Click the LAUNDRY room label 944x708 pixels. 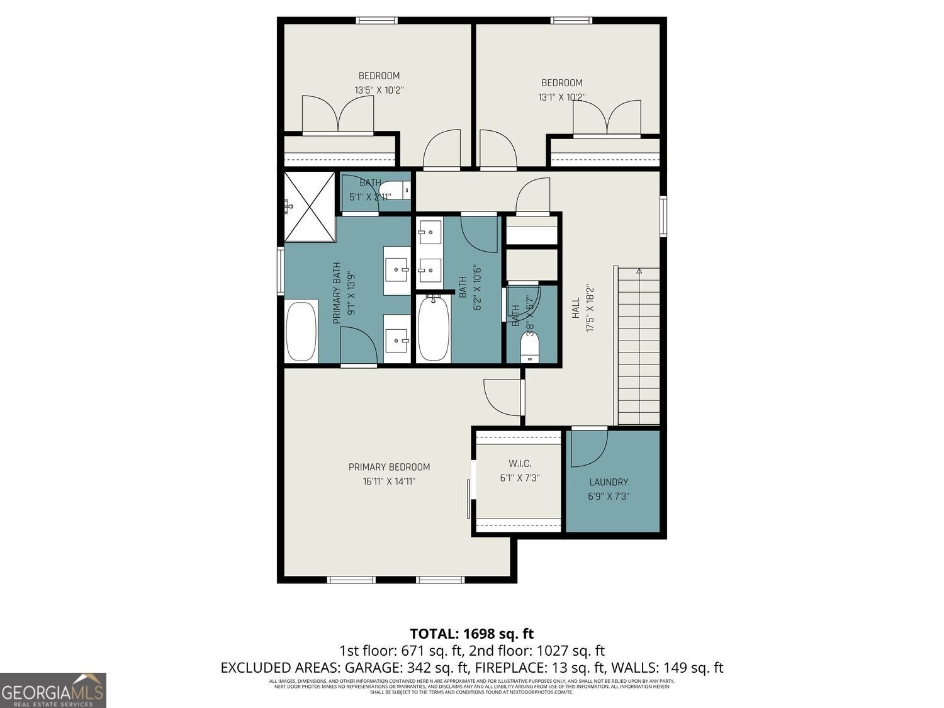609,482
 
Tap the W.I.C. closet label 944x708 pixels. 520,464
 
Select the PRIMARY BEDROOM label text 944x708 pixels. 389,467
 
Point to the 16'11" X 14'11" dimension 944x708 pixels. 389,481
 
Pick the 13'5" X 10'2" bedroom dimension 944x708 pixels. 378,90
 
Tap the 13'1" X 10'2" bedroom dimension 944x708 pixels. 561,98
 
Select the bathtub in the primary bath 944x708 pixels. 301,331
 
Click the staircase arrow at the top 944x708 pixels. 639,271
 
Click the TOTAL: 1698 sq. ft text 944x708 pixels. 471,633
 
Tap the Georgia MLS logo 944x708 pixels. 53,690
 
